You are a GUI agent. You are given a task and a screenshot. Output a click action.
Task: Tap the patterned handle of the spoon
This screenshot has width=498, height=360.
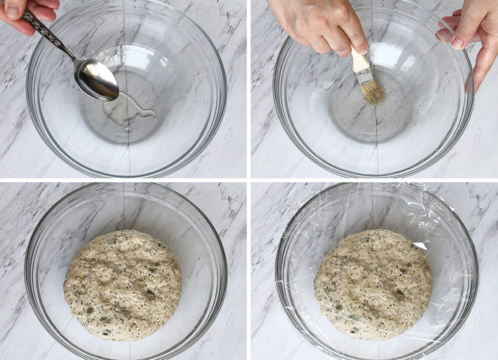pos(49,36)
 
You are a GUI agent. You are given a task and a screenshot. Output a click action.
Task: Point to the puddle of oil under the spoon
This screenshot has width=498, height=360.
pos(129,110)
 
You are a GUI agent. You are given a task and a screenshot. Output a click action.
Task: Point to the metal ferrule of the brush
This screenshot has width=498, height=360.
pos(365,76)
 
